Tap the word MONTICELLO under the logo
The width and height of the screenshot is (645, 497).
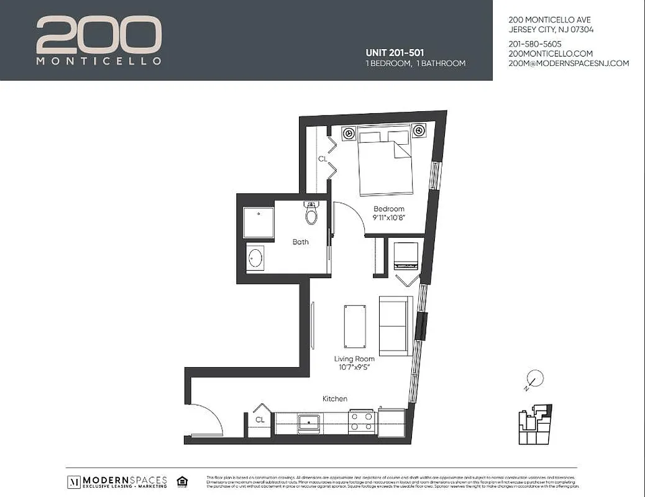(x=99, y=62)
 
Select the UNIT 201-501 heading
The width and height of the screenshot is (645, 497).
(x=395, y=53)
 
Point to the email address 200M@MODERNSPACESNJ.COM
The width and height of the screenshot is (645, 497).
(x=569, y=63)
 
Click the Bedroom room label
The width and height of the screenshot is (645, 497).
(x=389, y=209)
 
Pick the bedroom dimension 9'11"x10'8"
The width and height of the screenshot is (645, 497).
(x=389, y=218)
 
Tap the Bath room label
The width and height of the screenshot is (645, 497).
(x=300, y=242)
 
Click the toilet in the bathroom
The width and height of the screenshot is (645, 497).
(x=311, y=214)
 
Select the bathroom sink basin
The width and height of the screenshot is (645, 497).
(x=255, y=257)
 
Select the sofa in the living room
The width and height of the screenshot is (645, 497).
(x=396, y=326)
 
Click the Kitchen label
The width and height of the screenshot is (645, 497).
(x=334, y=399)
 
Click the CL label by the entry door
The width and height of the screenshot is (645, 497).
(x=260, y=421)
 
